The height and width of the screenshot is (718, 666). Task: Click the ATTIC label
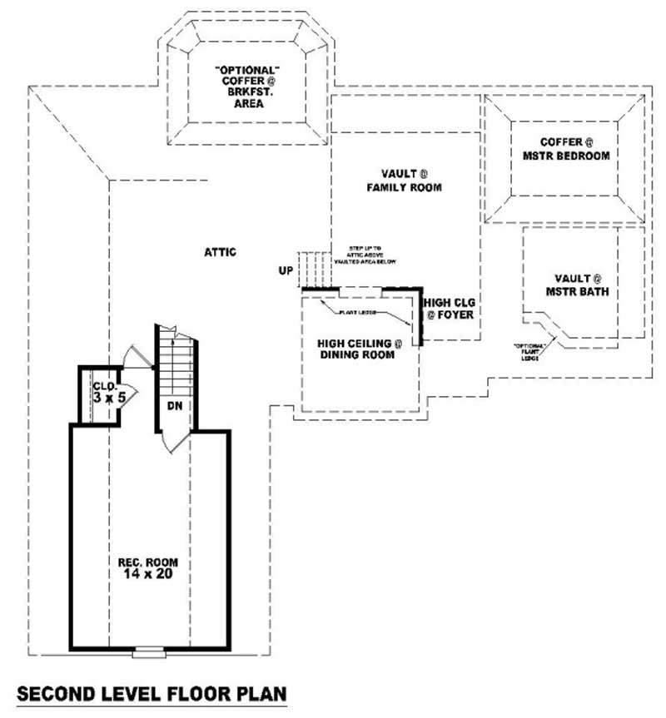click(221, 251)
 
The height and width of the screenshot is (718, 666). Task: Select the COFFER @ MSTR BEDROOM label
click(566, 149)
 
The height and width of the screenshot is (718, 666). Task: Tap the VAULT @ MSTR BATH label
click(577, 285)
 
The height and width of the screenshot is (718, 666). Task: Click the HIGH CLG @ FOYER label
click(450, 309)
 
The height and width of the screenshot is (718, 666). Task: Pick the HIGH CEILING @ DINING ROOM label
click(360, 349)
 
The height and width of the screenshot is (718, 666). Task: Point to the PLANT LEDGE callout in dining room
click(359, 313)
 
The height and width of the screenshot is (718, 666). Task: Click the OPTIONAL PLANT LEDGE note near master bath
click(529, 349)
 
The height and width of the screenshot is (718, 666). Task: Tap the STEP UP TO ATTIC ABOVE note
click(365, 255)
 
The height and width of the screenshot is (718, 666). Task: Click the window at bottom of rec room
click(144, 651)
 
